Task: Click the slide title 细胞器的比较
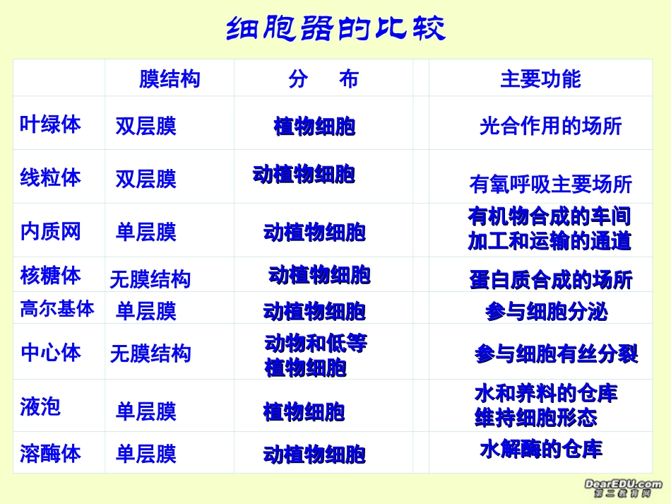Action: pyautogui.click(x=335, y=29)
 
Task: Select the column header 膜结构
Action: pyautogui.click(x=170, y=79)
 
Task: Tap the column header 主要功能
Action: pyautogui.click(x=540, y=79)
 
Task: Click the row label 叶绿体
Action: pyautogui.click(x=50, y=124)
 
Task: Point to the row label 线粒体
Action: pyautogui.click(x=50, y=177)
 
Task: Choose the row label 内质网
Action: pyautogui.click(x=50, y=231)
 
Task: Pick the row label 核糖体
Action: pyautogui.click(x=50, y=275)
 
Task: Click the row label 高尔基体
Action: pyautogui.click(x=57, y=309)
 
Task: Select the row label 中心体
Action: pyautogui.click(x=50, y=353)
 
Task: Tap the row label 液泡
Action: pyautogui.click(x=40, y=406)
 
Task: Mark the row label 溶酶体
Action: pyautogui.click(x=50, y=454)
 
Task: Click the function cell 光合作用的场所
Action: pyautogui.click(x=550, y=127)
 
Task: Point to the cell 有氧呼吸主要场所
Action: pyautogui.click(x=550, y=184)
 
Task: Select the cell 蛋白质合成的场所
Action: pyautogui.click(x=551, y=280)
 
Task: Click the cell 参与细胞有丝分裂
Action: pyautogui.click(x=556, y=354)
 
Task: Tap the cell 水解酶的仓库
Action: pyautogui.click(x=541, y=449)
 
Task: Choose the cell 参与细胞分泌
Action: pyautogui.click(x=546, y=312)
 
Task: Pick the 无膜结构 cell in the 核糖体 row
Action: pyautogui.click(x=150, y=279)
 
